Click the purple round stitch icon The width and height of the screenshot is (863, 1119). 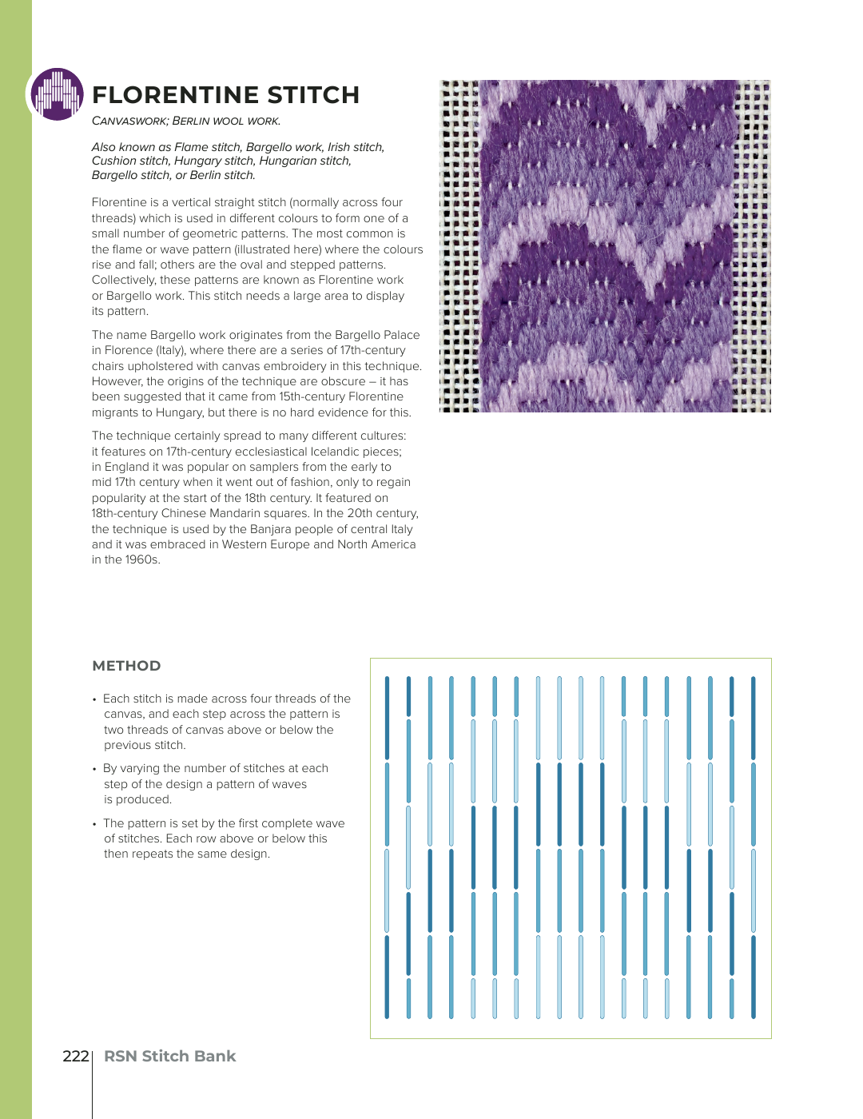coord(57,94)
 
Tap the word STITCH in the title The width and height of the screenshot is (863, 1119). coord(313,95)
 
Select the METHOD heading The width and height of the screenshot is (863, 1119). coord(126,666)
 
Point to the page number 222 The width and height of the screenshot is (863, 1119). coord(75,1056)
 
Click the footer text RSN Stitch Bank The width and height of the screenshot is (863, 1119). coord(169,1056)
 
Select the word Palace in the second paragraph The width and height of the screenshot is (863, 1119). coord(401,335)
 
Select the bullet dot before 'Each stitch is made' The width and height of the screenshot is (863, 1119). coord(94,699)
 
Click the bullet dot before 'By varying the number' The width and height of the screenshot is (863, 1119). coord(94,769)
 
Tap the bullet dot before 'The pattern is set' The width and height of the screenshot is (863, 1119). coord(94,824)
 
